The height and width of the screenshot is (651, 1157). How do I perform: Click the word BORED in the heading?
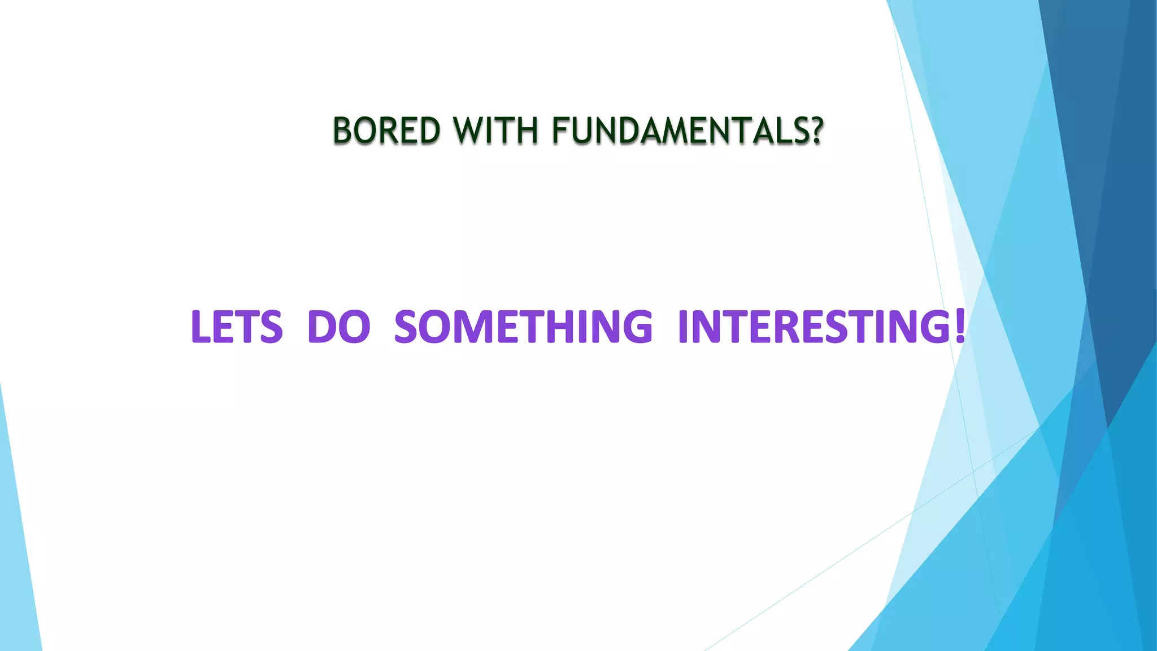pos(386,131)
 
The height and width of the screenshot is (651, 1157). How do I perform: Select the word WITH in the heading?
pos(495,131)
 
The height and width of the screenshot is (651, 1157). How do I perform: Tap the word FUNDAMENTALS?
pos(678,131)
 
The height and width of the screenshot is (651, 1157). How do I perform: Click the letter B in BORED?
pos(343,131)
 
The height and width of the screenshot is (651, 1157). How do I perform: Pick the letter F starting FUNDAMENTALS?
pos(560,131)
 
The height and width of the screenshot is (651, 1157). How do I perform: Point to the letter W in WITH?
pos(470,131)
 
